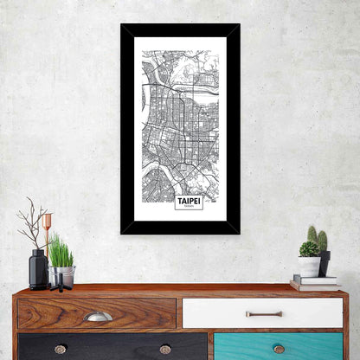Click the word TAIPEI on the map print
tap(189, 200)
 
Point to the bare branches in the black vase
tap(33, 224)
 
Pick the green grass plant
tap(61, 253)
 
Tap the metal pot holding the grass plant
tap(61, 276)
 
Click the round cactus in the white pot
tap(309, 249)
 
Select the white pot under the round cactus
tap(309, 267)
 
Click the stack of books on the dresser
tap(313, 282)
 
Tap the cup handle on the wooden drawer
tap(98, 317)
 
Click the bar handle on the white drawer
tap(263, 313)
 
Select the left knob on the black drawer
tap(60, 349)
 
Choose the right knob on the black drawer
tap(165, 349)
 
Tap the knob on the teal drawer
tap(279, 349)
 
